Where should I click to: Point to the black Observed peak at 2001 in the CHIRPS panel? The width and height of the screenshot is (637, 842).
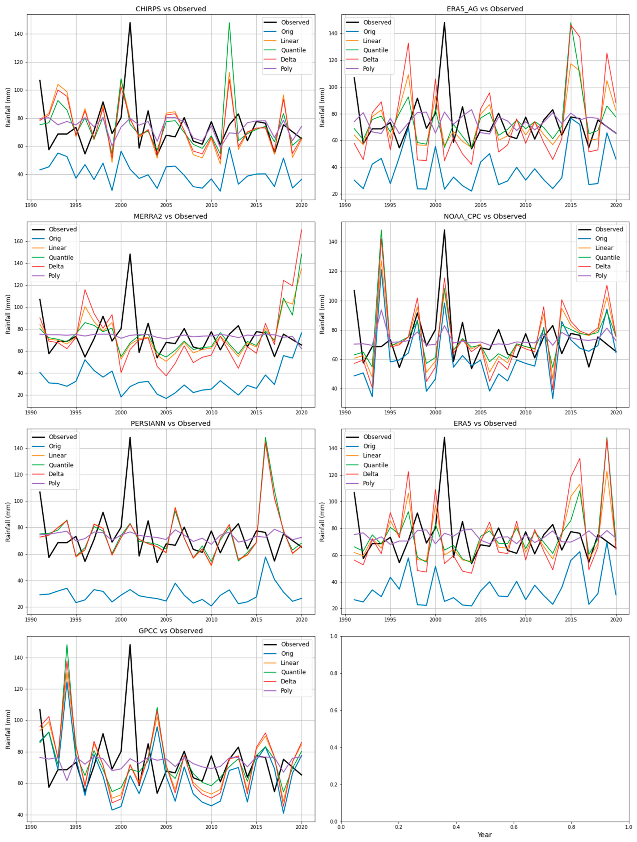(130, 23)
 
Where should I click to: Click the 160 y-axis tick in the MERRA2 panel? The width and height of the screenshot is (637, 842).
(19, 241)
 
